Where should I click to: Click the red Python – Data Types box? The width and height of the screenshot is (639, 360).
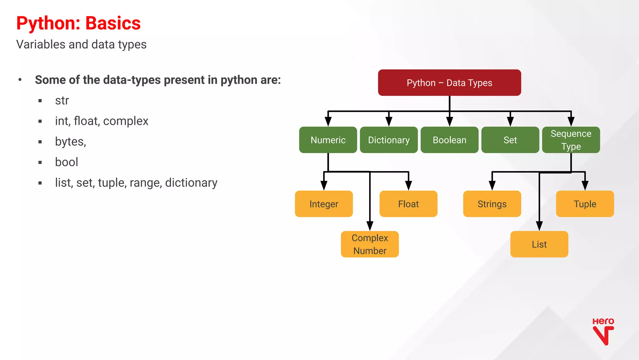click(x=449, y=83)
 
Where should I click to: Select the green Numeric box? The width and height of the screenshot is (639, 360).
click(x=328, y=140)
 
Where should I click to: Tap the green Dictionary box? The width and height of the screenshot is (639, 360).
click(x=389, y=140)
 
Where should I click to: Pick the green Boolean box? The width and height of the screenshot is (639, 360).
click(x=449, y=140)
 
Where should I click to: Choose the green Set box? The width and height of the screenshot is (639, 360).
click(x=510, y=140)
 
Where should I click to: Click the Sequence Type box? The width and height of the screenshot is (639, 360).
click(x=571, y=140)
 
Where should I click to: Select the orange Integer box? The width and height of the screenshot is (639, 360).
click(x=324, y=204)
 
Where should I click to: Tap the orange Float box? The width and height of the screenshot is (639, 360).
click(x=408, y=204)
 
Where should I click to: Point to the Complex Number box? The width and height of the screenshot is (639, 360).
click(x=370, y=244)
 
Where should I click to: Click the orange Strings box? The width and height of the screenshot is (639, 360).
click(x=492, y=204)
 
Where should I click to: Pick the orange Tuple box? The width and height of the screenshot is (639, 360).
click(x=585, y=204)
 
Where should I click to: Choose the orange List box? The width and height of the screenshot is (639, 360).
click(x=539, y=244)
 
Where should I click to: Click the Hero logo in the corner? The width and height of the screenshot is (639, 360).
click(x=603, y=332)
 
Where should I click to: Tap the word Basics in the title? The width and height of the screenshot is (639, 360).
click(x=113, y=23)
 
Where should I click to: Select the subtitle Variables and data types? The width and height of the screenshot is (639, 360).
click(x=81, y=44)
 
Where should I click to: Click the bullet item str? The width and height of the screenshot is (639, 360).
click(x=62, y=101)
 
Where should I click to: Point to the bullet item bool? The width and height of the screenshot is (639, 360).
click(x=66, y=162)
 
